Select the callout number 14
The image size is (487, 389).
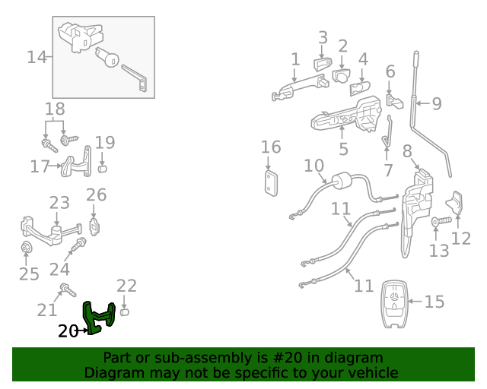pyautogui.click(x=37, y=57)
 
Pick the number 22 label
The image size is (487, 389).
pyautogui.click(x=126, y=286)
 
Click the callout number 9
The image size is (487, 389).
pyautogui.click(x=437, y=103)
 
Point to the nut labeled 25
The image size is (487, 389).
pyautogui.click(x=25, y=248)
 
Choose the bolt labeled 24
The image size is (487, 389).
pyautogui.click(x=78, y=245)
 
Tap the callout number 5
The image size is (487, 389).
pyautogui.click(x=343, y=150)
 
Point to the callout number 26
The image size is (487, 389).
pyautogui.click(x=96, y=195)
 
